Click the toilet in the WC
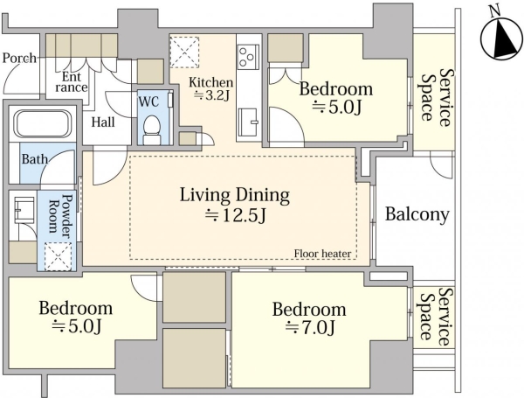point(152,129)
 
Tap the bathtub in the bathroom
point(43,124)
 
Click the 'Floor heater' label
point(322,254)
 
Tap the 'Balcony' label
point(417,214)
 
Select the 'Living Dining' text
point(235,195)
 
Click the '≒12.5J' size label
point(235,215)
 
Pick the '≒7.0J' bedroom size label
point(310,327)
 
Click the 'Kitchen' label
point(210,82)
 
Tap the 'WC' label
point(148,101)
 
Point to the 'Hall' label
point(103,122)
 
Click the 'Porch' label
point(19,59)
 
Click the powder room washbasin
point(24,210)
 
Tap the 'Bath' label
point(35,158)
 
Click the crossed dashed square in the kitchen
point(184,52)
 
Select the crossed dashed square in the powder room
point(58,256)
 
